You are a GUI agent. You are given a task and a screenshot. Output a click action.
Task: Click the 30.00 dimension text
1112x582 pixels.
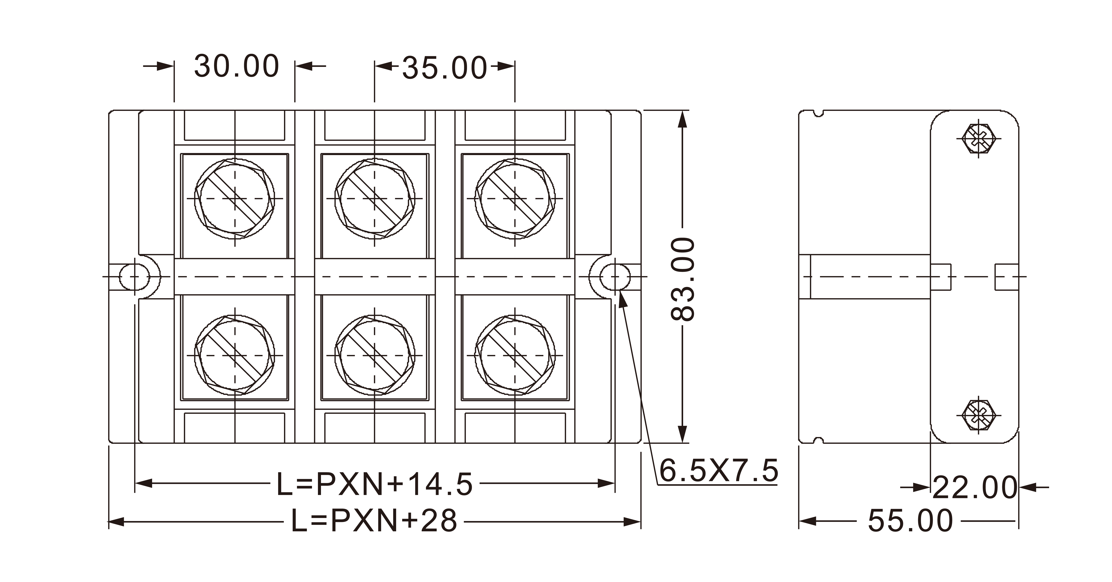coord(237,66)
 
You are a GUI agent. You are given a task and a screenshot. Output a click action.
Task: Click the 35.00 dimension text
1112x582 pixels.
coord(445,68)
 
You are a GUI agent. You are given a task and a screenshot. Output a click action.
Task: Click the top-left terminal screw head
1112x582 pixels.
coord(235,199)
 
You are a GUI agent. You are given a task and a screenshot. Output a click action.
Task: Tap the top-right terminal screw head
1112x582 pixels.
coord(515,199)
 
